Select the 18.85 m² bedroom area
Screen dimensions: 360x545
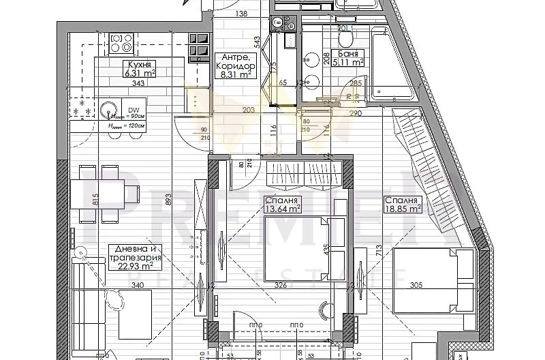[403, 209]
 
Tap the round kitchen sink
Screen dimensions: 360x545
[108, 109]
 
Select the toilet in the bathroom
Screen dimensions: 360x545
[345, 34]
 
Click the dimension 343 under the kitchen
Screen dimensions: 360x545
[140, 83]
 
